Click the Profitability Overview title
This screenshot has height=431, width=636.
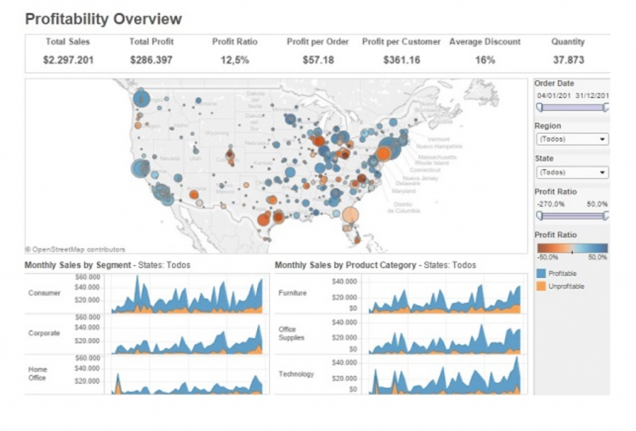point(103,19)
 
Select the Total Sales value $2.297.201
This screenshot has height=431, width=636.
point(68,60)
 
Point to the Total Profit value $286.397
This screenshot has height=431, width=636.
point(152,60)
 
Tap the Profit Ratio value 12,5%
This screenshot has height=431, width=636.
point(234,60)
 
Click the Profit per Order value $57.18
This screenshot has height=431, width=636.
point(318,60)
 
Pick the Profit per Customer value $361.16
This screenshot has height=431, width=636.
point(401,60)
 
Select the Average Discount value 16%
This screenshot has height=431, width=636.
point(484,60)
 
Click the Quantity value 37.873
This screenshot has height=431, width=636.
point(568,60)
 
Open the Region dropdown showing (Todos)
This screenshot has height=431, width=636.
point(571,139)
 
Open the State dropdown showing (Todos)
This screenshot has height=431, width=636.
point(571,173)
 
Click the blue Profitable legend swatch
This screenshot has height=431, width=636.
point(540,273)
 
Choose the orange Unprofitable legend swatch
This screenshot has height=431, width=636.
point(540,286)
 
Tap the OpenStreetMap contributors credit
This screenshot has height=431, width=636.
point(75,249)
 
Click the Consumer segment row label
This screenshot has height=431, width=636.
point(44,293)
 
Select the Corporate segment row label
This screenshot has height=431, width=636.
point(44,333)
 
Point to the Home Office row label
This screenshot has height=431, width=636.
point(37,373)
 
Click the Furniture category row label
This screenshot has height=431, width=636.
point(293,293)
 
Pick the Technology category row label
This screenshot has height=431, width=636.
point(296,374)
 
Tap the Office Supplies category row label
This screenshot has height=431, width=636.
point(291,333)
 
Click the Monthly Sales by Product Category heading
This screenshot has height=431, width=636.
point(345,265)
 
